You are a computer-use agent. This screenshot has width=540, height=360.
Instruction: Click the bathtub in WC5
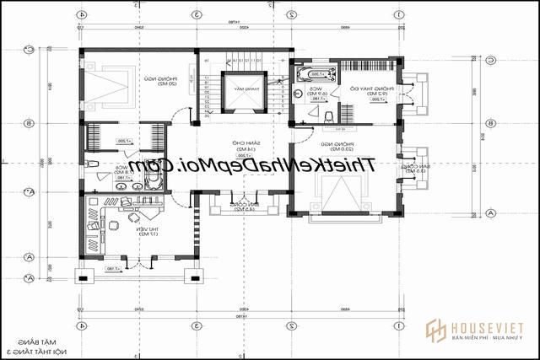click(x=313, y=72)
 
